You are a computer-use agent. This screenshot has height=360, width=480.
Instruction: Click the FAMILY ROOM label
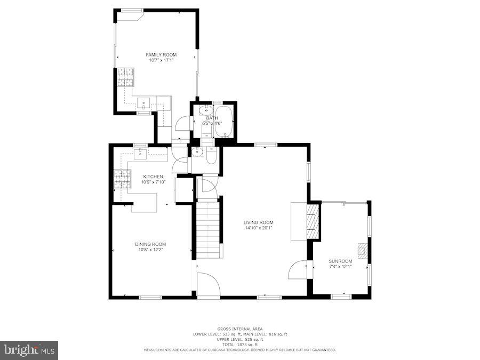(161, 55)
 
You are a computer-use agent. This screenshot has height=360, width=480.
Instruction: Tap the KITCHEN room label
(153, 177)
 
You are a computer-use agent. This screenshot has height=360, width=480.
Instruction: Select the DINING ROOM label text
(150, 244)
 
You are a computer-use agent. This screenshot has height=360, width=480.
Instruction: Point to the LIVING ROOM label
(258, 223)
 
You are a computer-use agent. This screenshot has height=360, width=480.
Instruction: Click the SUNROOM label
(340, 261)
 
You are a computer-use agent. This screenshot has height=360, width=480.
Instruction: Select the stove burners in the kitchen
(122, 180)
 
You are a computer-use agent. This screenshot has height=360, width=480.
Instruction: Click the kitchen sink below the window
(140, 155)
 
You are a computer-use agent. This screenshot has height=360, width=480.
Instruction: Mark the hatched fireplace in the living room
(312, 221)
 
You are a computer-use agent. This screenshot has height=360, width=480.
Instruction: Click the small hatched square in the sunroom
(363, 251)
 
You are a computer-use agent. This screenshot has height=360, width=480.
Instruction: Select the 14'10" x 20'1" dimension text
(258, 228)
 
